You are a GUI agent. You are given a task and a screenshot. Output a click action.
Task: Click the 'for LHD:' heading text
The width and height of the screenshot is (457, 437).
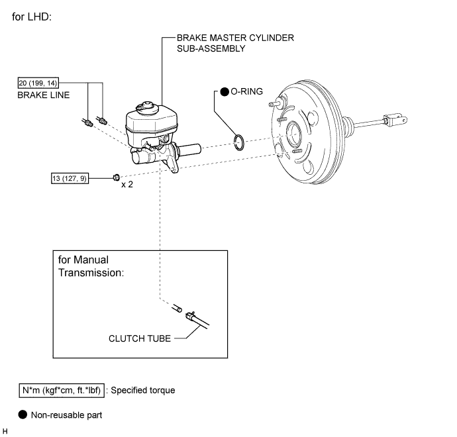pos(32,17)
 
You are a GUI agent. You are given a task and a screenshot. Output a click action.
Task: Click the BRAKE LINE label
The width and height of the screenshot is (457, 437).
pos(44,95)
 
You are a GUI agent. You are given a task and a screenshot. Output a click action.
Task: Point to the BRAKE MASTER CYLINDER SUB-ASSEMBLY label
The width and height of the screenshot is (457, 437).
pos(235,43)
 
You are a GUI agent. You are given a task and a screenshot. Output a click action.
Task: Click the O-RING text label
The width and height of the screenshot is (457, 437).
pos(246,91)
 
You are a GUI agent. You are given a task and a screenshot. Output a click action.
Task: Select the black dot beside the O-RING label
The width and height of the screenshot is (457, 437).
pos(225,92)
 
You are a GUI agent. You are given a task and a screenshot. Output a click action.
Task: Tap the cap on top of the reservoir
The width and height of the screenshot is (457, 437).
pos(147,106)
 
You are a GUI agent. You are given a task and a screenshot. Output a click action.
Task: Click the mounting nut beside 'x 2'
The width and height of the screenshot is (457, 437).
pos(117,177)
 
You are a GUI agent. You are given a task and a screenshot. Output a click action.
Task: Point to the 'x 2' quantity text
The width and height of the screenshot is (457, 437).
pos(127,185)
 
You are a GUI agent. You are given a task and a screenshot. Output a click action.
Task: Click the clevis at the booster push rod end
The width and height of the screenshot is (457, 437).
pos(395,119)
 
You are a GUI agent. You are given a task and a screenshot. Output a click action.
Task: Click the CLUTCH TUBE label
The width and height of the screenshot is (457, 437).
pos(140,338)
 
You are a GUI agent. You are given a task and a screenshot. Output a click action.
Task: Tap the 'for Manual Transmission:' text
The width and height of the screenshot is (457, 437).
pos(91,266)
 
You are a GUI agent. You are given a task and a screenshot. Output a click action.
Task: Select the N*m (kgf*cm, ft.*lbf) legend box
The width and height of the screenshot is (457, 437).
pos(62,391)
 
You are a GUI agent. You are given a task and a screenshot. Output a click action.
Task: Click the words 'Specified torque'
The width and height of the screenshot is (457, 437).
pos(143,391)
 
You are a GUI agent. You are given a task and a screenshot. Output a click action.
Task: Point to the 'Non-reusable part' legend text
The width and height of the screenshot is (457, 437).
pos(66,415)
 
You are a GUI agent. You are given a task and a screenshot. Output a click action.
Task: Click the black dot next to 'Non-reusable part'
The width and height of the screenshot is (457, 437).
pos(23,414)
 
